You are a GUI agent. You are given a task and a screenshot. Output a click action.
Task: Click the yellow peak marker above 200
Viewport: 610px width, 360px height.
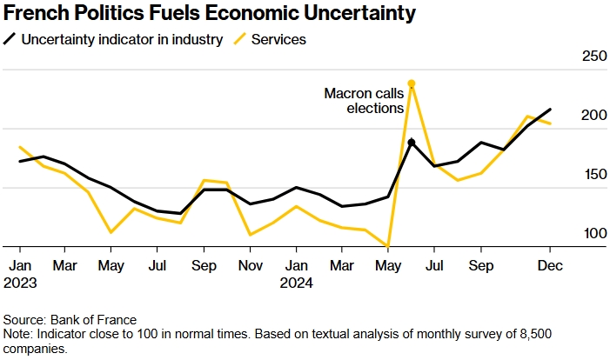pos(411,83)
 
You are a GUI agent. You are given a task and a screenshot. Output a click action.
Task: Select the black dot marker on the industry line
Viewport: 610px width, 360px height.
pos(411,142)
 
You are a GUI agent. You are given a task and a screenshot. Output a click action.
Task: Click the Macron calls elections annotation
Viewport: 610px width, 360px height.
pos(363,101)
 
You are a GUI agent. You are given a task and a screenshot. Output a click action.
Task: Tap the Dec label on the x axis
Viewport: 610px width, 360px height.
pos(549,264)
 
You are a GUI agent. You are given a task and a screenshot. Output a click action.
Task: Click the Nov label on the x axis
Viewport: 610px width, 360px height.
pos(251,264)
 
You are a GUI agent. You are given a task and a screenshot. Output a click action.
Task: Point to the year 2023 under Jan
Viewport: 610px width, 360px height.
pos(19,282)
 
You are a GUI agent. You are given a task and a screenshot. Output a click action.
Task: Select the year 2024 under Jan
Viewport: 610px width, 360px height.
pos(297,282)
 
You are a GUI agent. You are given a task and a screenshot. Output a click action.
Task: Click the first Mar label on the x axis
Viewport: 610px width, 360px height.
pos(65,264)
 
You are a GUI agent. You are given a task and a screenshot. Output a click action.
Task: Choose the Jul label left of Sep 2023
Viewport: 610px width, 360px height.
pos(158,264)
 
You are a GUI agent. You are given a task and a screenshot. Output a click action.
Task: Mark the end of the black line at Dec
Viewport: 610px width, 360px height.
pos(550,110)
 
